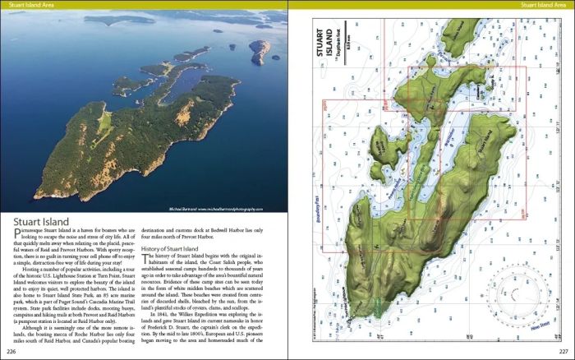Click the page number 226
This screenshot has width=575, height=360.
(11, 353)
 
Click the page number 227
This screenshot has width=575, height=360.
(563, 353)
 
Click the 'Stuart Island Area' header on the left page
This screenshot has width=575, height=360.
(30, 6)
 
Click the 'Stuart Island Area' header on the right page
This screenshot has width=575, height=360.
(543, 6)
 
